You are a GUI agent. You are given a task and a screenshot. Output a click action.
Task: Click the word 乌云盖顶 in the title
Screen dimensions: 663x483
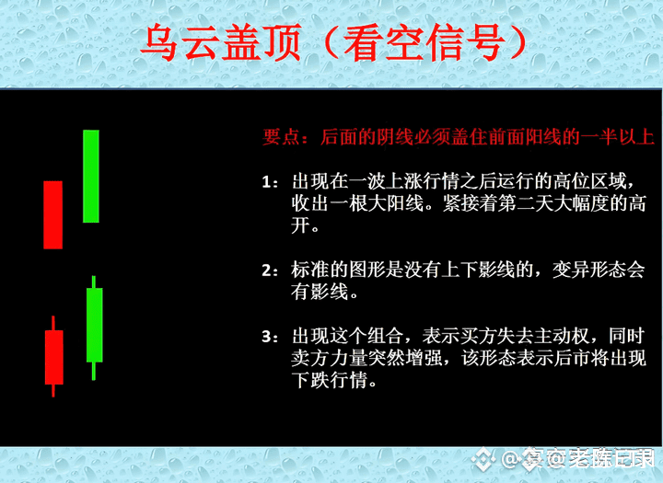point(221,42)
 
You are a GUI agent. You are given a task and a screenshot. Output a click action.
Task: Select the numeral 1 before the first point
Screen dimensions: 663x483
point(266,182)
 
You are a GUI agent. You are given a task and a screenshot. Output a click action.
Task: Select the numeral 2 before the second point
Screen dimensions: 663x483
point(266,270)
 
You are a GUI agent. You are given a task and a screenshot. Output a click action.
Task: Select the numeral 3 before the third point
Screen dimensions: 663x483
point(266,338)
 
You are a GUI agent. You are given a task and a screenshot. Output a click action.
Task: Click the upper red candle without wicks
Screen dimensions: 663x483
point(52,215)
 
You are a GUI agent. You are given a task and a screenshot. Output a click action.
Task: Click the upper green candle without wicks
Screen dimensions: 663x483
point(91,177)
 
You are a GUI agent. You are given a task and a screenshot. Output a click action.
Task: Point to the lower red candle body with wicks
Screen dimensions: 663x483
point(54,358)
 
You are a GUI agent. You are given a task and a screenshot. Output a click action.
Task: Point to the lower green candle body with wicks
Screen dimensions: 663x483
point(94,325)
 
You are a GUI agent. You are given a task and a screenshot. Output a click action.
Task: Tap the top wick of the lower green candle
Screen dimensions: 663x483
point(94,282)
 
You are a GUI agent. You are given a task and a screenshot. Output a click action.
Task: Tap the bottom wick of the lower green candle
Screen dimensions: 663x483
point(94,371)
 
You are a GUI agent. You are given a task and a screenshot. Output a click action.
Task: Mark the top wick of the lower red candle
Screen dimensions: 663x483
point(53,323)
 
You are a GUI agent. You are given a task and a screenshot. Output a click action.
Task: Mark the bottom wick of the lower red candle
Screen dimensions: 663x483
point(53,391)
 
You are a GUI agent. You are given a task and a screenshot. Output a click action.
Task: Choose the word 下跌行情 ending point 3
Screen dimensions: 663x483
point(329,380)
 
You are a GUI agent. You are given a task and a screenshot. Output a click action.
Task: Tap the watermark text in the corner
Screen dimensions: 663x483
point(578,458)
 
